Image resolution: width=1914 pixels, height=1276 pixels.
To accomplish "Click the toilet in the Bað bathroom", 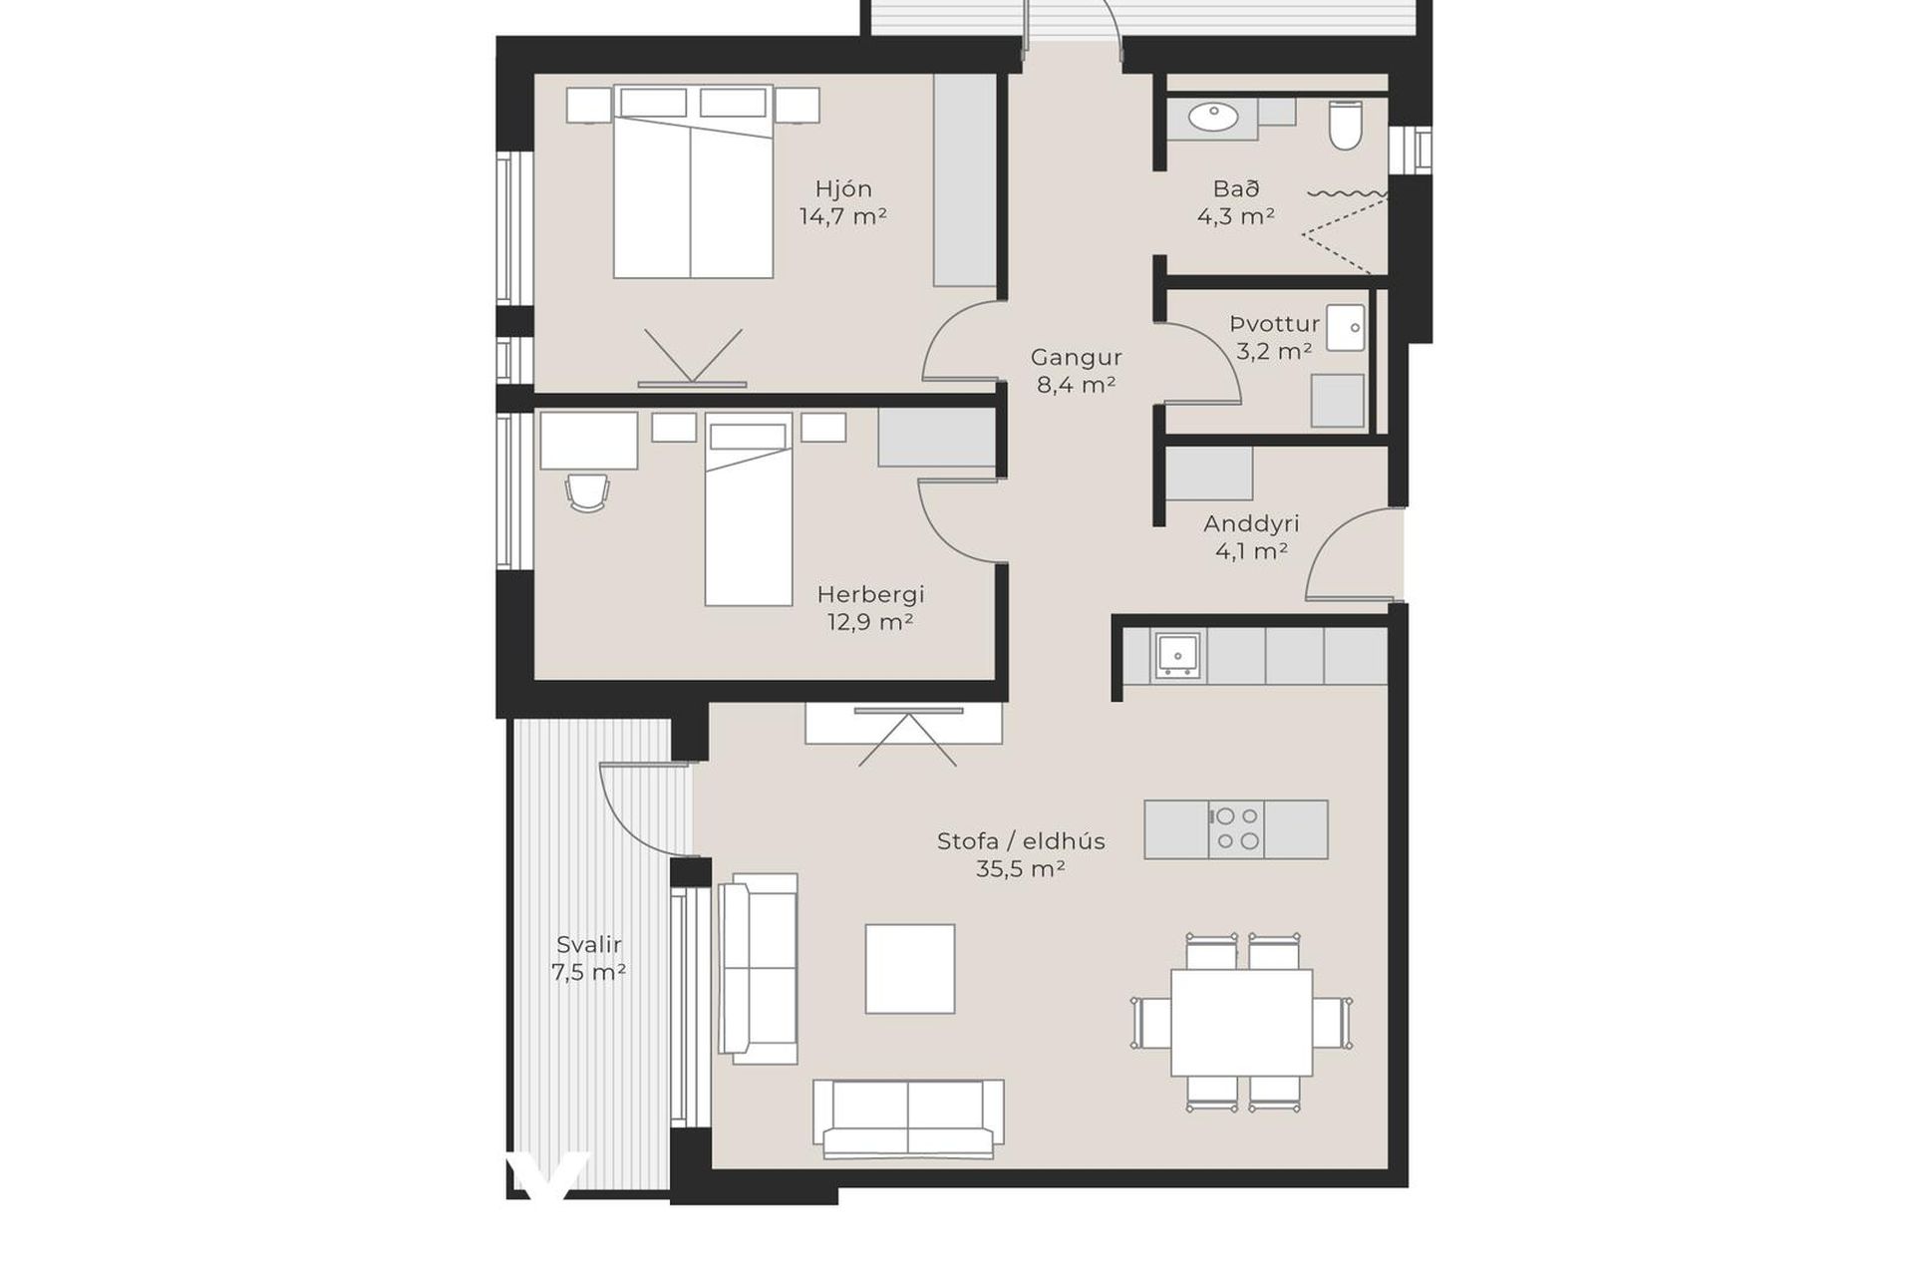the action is (1345, 126).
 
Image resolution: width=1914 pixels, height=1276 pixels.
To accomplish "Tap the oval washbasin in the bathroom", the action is (1213, 118).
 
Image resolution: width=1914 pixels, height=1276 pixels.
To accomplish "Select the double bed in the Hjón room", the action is (693, 181).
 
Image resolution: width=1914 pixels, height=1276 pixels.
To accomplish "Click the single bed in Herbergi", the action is (749, 509).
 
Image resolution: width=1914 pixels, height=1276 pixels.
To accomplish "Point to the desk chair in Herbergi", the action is (587, 492).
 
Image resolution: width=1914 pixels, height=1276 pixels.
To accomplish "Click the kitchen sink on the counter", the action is (1178, 655).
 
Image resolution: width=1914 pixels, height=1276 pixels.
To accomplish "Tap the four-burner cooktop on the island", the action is (1237, 828).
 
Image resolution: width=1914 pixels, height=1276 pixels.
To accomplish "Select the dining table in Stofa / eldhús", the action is (1241, 1022).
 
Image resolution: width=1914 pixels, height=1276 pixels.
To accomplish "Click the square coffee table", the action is (909, 968).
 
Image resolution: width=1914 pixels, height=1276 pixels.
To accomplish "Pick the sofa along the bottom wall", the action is (908, 1118).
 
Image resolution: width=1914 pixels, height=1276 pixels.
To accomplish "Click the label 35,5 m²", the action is (1021, 868).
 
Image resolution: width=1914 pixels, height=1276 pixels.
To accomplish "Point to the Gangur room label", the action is (1077, 357).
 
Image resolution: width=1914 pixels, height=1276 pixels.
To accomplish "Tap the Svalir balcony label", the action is (589, 944).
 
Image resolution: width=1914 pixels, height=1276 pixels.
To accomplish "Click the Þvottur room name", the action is (1275, 324).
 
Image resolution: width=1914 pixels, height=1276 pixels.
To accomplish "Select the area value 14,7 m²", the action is (843, 215).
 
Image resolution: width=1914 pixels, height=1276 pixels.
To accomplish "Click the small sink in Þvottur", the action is (1346, 327).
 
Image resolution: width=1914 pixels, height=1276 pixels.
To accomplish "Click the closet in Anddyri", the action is (1209, 473).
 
